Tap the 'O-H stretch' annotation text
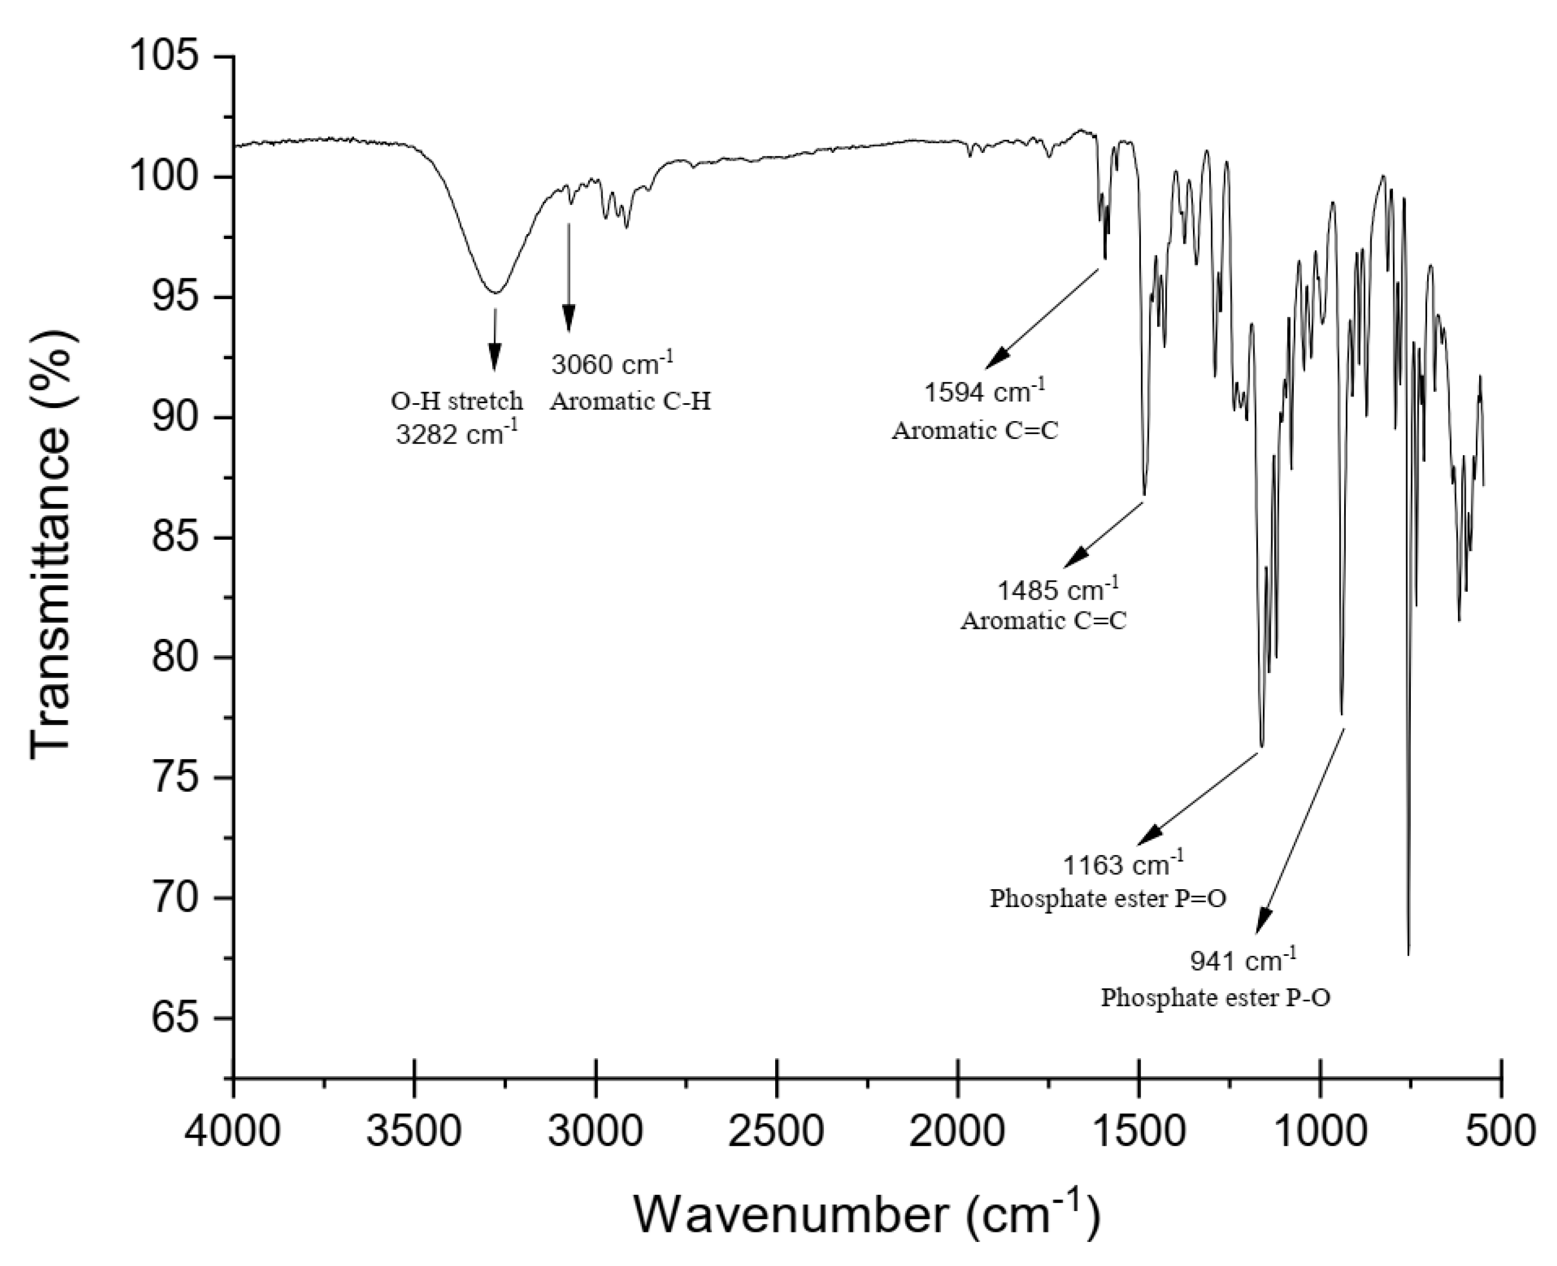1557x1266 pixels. [457, 401]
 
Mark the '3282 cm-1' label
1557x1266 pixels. [457, 434]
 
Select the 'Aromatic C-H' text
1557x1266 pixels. [630, 401]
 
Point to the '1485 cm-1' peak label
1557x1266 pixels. [1057, 589]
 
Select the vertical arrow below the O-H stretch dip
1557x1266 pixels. [495, 339]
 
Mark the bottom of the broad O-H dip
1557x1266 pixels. [496, 292]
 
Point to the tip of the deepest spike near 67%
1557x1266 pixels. [1408, 952]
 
